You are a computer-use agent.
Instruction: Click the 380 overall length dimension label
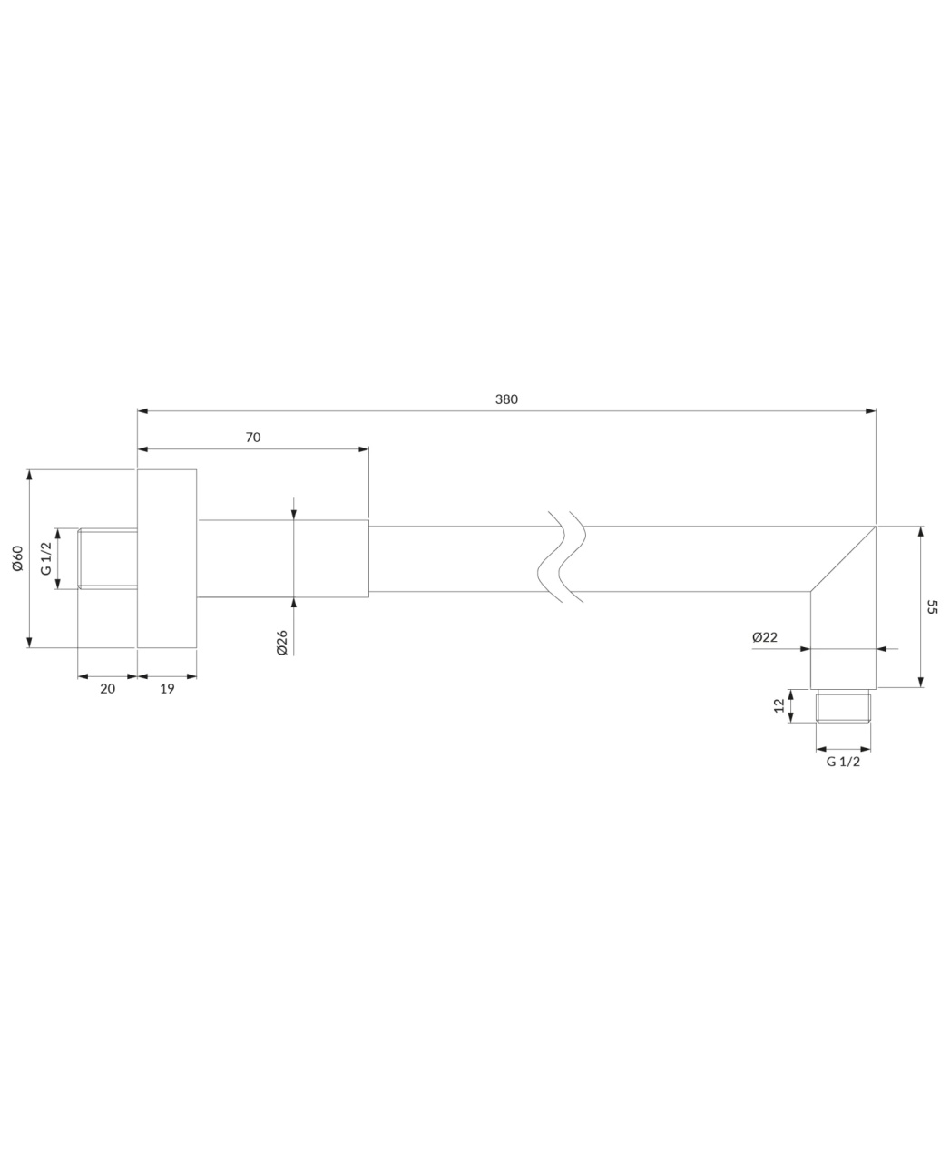506,399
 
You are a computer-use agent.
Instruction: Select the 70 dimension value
253,438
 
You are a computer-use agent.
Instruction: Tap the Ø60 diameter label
17,558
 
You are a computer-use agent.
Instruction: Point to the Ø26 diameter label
282,643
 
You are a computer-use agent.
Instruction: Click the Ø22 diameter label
765,637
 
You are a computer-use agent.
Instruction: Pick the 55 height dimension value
931,607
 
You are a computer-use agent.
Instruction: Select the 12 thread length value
779,705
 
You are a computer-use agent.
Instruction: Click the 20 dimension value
107,689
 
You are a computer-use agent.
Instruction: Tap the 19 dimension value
167,689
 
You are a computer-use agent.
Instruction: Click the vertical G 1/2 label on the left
46,558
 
